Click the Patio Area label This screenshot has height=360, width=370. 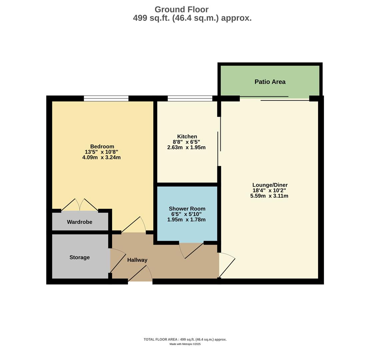pos(270,82)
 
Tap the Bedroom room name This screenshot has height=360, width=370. pos(102,146)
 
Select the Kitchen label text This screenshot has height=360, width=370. pos(187,136)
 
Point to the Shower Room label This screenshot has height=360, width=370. pos(187,209)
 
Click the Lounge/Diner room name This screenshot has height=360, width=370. pos(270,185)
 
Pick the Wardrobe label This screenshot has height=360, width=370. pos(79,222)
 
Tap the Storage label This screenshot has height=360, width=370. pos(79,257)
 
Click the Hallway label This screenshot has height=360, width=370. pos(137,260)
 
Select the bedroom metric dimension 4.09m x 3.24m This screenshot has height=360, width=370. pos(101,157)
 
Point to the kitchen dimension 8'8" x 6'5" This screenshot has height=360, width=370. pos(186,142)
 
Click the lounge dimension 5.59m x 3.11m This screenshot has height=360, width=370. pos(269,196)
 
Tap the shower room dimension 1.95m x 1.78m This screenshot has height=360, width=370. pos(186,220)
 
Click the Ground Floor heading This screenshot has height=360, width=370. pos(181,10)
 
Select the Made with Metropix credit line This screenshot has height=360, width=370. pos(185,344)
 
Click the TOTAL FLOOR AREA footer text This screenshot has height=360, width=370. pos(185,339)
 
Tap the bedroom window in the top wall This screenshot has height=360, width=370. pos(106,98)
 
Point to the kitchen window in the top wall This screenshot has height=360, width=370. pos(190,98)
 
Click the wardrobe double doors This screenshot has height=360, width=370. pos(80,205)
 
